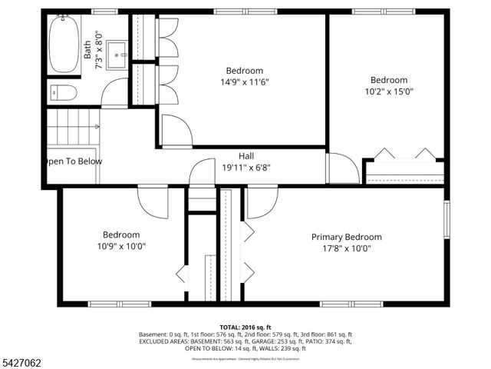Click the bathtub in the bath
pos(64,45)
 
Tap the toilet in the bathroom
pos(64,94)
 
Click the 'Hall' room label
pos(246,155)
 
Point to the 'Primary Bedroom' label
pos(346,237)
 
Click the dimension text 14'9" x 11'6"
pos(245,81)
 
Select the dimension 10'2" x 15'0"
pos(388,91)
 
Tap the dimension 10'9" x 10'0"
pos(121,246)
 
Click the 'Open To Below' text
pos(73,161)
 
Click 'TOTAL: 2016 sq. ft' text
pos(245,327)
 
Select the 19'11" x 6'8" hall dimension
pos(246,167)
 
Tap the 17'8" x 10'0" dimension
pos(346,248)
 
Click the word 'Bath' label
pos(87,51)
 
